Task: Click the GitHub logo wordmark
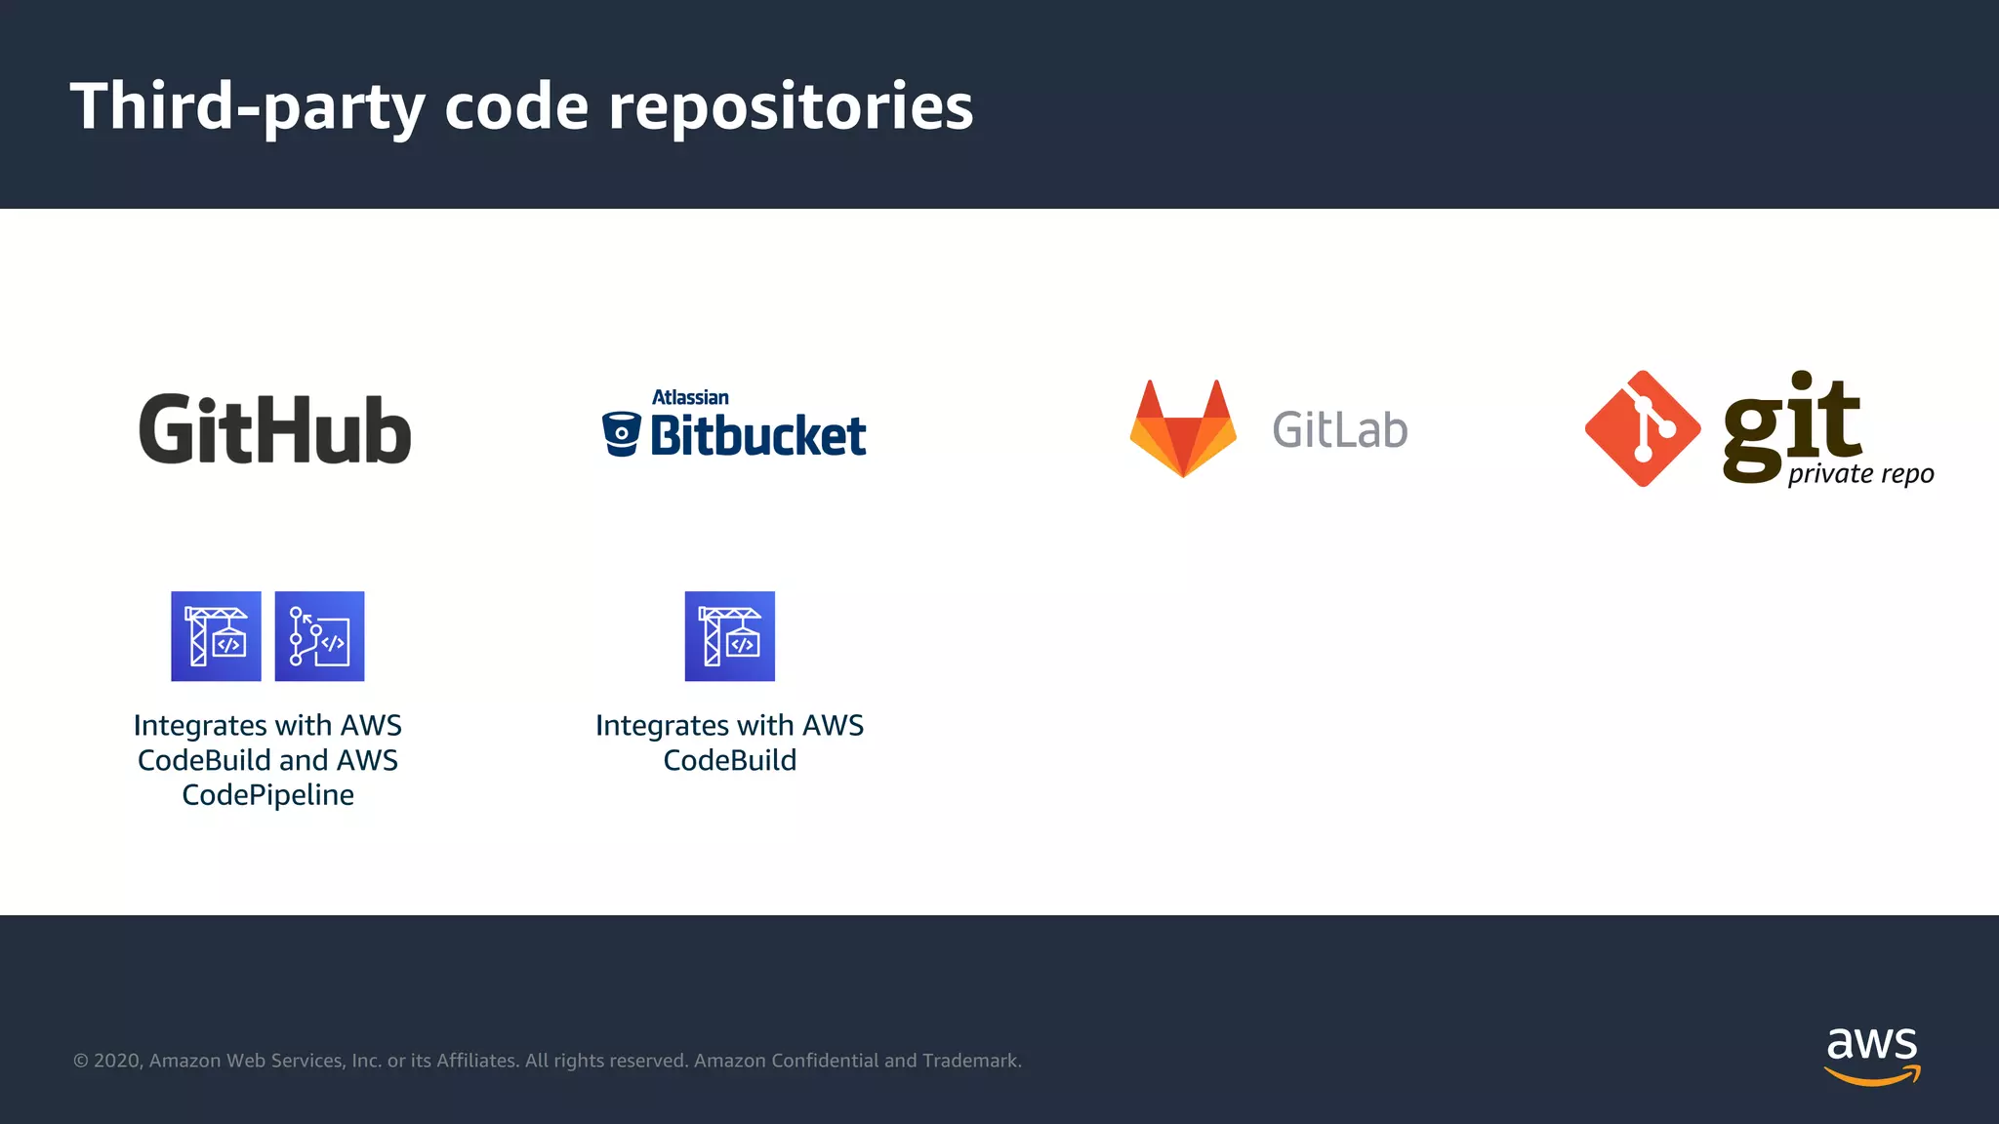pos(275,430)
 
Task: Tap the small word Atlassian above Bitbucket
pos(690,397)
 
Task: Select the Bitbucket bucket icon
pos(621,434)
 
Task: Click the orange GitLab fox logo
pos(1183,429)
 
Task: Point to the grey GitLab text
pos(1339,430)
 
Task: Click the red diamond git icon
pos(1643,428)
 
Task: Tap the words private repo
pos(1860,474)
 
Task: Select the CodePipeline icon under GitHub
pos(319,636)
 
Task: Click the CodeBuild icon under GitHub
pos(216,636)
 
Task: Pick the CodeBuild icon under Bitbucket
pos(729,636)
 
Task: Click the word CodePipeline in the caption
pos(268,795)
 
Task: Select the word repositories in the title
pos(791,106)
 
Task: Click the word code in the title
pos(516,106)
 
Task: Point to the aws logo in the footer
pos(1872,1055)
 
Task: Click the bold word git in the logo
pos(1792,424)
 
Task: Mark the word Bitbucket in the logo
pos(757,436)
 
